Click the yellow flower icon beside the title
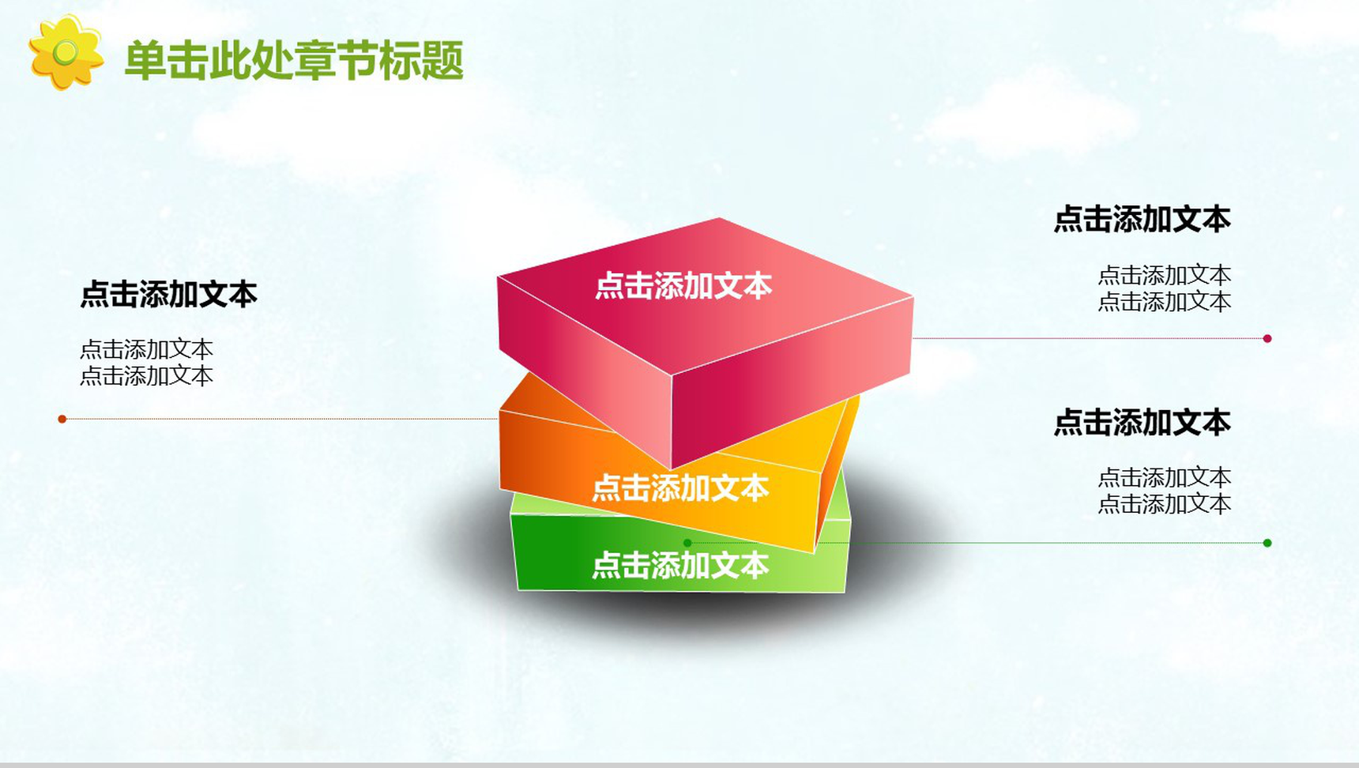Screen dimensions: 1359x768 click(x=66, y=52)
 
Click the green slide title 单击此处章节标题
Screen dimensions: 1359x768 click(x=294, y=61)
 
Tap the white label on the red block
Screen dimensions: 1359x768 click(x=683, y=285)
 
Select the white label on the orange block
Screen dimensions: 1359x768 click(x=680, y=488)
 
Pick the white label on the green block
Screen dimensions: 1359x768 click(x=680, y=565)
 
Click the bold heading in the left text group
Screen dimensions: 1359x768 click(x=169, y=294)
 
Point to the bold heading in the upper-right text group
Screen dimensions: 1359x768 click(x=1143, y=219)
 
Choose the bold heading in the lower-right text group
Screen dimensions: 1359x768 click(x=1143, y=423)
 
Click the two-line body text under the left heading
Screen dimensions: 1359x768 click(x=147, y=362)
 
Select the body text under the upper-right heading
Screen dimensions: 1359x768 click(x=1165, y=288)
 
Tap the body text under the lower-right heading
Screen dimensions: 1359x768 click(x=1165, y=490)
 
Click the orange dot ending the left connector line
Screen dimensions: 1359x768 click(x=62, y=419)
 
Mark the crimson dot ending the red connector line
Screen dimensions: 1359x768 click(x=1267, y=338)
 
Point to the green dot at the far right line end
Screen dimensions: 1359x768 click(x=1267, y=543)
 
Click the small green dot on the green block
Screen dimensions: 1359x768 click(x=687, y=543)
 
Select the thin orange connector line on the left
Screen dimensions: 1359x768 click(x=280, y=419)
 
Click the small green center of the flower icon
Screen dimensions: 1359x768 click(x=66, y=52)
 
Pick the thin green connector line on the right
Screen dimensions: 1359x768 click(x=977, y=543)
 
